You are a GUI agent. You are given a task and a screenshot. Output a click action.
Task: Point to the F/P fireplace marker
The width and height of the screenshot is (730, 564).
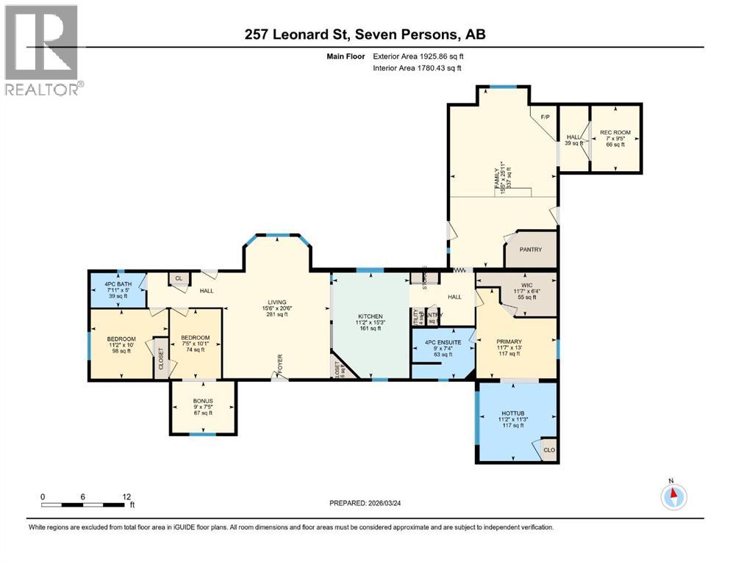click(545, 117)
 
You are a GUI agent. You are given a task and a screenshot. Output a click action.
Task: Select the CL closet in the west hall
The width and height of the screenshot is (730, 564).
click(178, 278)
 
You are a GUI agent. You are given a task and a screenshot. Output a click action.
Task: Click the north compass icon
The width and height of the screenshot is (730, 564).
click(671, 496)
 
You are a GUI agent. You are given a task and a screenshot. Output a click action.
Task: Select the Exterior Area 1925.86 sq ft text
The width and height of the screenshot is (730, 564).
click(418, 56)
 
